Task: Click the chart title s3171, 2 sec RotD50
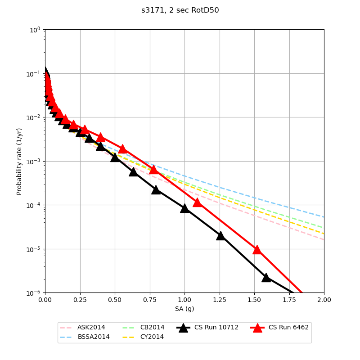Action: coord(180,10)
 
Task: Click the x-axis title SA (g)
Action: coord(184,309)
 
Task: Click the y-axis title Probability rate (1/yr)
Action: coord(19,161)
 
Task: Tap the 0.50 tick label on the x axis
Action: coord(115,300)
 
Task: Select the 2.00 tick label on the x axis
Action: coord(324,300)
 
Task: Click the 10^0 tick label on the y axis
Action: coord(36,30)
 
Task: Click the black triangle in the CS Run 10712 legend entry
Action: coord(183,328)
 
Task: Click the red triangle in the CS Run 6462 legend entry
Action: coord(257,328)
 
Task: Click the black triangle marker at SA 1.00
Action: coord(184,208)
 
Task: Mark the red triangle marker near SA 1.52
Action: coord(257,249)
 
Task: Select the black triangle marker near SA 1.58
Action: coord(266,277)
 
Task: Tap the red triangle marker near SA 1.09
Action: coord(197,202)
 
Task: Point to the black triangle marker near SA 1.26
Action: coord(220,235)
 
